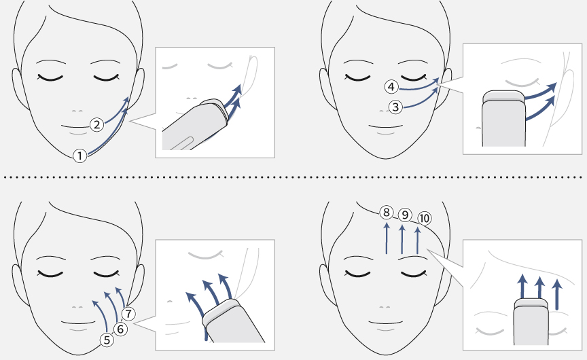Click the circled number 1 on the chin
point(79,156)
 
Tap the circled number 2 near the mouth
point(97,124)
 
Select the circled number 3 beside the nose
point(395,107)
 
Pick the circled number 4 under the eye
point(391,87)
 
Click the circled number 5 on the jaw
point(107,340)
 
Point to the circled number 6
point(120,329)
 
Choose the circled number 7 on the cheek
point(129,314)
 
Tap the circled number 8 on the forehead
point(387,213)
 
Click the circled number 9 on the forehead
point(405,215)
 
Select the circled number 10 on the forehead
point(424,218)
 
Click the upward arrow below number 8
point(387,238)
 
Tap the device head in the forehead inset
point(531,304)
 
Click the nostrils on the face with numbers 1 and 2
point(77,111)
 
